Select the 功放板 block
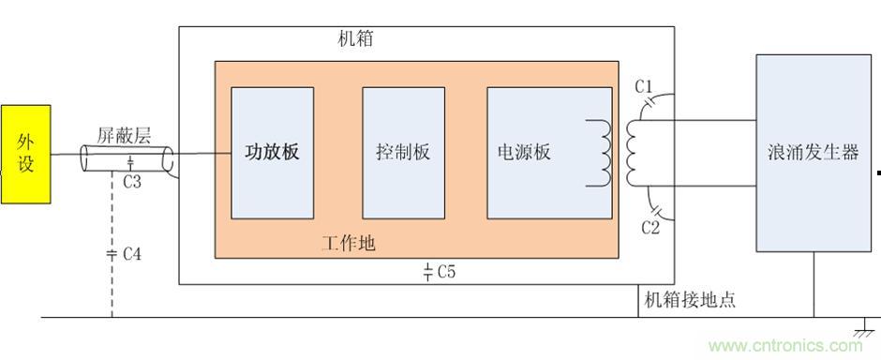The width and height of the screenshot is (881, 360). (272, 153)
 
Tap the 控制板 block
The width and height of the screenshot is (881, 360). (403, 153)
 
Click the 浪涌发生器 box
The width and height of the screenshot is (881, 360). (813, 153)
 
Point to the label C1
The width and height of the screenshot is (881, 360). (644, 87)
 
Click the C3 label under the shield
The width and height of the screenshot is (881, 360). (132, 182)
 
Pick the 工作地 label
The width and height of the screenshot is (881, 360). (349, 243)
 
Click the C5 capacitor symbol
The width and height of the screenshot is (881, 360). (427, 273)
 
